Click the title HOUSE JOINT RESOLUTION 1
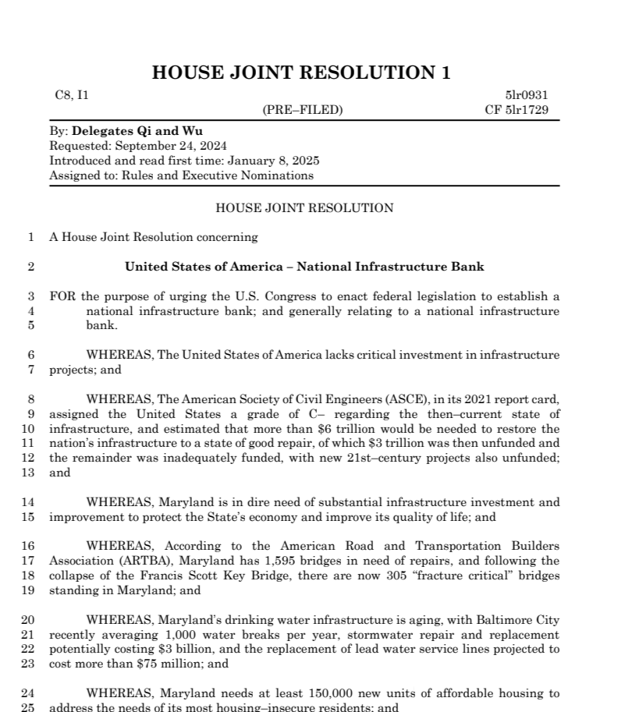point(301,73)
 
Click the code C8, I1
point(72,95)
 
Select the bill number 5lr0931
point(527,95)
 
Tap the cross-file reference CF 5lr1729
point(517,110)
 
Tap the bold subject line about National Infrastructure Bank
point(304,267)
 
